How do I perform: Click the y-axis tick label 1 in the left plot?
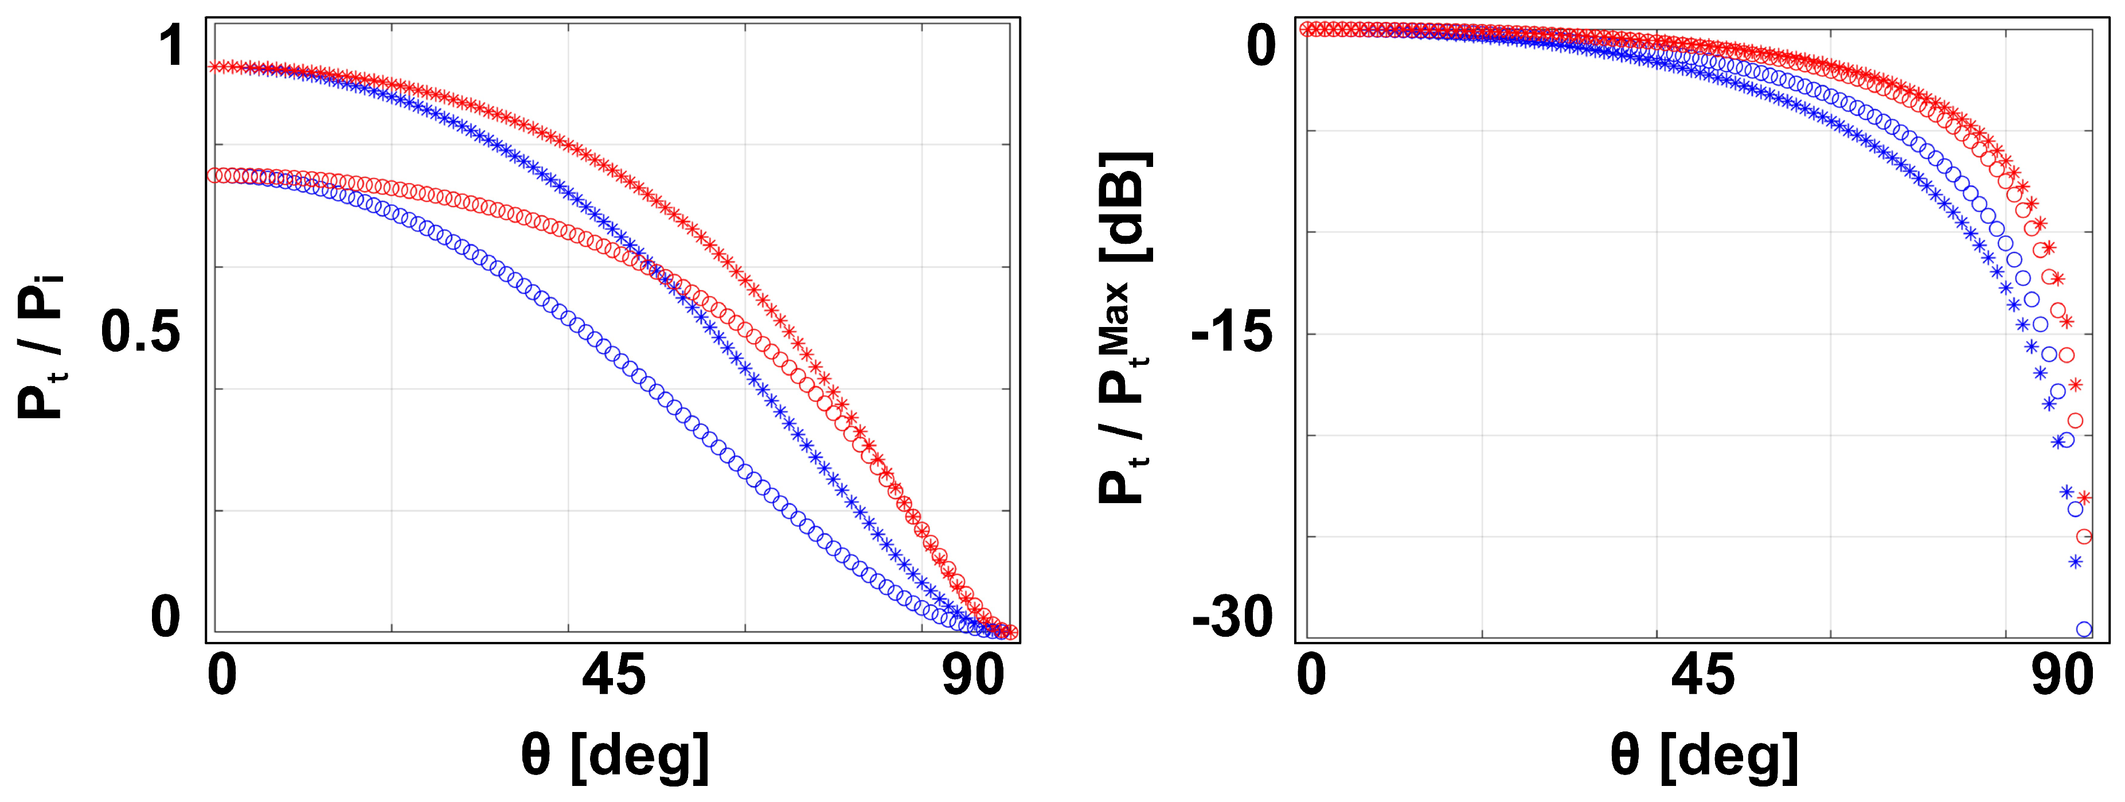[x=171, y=46]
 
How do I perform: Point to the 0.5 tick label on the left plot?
[x=140, y=332]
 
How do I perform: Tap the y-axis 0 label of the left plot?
[x=165, y=616]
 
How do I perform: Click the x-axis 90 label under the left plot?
[x=974, y=676]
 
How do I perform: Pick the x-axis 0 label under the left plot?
[x=222, y=676]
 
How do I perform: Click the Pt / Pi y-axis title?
[x=41, y=347]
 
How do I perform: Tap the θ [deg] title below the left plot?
[x=615, y=755]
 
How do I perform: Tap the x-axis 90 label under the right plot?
[x=2062, y=676]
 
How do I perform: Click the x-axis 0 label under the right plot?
[x=1311, y=676]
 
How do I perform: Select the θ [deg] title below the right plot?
[x=1704, y=755]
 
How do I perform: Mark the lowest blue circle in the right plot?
[x=2084, y=629]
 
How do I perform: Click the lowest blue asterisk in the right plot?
[x=2076, y=562]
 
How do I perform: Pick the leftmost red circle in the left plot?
[x=214, y=175]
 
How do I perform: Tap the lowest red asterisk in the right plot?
[x=2085, y=497]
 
